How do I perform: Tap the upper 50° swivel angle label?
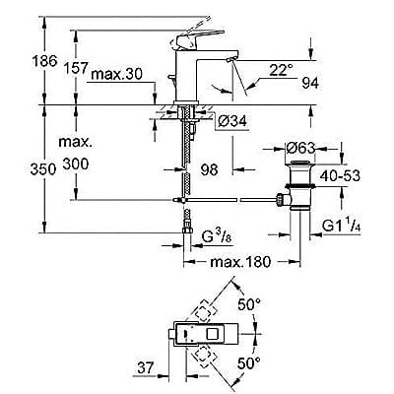[254, 304]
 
